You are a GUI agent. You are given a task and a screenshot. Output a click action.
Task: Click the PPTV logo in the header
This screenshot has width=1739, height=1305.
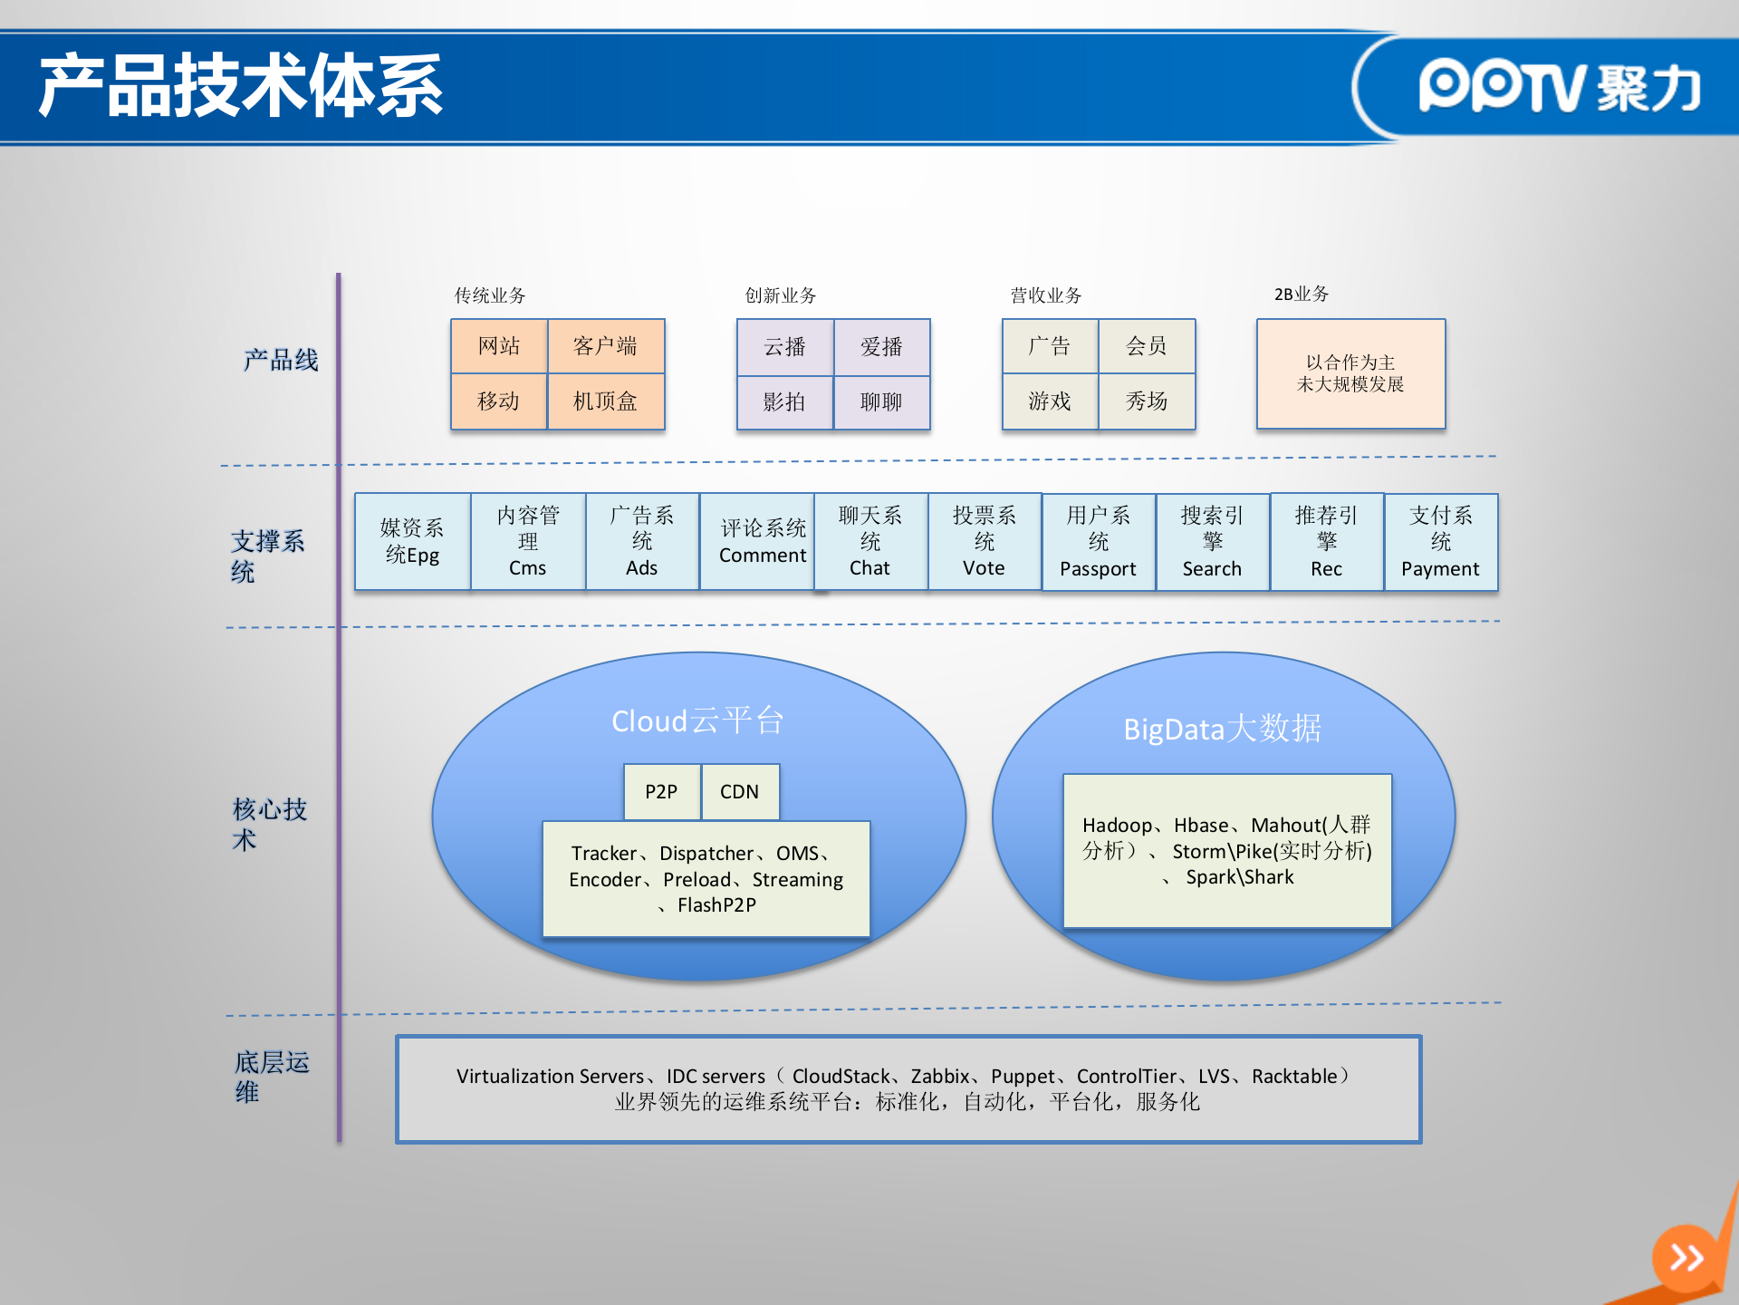1558,87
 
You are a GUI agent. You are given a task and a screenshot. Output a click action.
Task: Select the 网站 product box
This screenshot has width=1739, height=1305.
499,346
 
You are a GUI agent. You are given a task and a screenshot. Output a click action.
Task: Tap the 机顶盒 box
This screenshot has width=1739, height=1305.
605,401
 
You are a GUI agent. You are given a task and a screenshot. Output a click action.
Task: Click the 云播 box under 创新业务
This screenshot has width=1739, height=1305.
784,347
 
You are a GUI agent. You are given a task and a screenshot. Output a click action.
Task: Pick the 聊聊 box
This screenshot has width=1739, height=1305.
881,401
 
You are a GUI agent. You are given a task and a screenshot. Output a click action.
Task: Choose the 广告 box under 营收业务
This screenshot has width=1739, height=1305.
1050,346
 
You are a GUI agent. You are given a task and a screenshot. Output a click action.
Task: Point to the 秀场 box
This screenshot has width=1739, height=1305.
1147,401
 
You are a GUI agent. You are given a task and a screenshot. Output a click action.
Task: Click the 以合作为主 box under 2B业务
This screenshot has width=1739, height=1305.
1350,373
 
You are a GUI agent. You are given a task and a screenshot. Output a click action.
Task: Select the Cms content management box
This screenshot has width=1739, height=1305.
528,542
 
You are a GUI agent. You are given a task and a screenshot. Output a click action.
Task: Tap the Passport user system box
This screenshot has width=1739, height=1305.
1098,542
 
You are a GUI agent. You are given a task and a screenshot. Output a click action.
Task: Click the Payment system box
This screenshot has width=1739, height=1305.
1440,542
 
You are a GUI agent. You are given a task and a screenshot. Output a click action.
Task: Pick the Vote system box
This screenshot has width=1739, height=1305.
984,542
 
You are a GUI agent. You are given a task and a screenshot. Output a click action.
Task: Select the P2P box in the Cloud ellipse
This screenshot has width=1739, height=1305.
661,792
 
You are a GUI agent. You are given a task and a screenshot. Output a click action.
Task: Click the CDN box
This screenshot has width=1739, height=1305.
739,792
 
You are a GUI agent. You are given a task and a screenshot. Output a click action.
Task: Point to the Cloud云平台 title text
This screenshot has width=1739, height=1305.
697,721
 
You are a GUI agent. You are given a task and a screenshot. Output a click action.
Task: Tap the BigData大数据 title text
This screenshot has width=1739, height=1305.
1222,729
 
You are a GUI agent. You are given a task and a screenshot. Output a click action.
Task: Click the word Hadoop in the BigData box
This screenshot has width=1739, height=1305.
1117,826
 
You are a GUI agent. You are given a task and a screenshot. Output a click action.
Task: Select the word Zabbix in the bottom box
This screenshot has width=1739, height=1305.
940,1077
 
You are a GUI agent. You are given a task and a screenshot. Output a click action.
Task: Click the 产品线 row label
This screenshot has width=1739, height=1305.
281,361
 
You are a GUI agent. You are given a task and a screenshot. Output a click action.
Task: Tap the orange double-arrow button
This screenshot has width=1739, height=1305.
1686,1258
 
